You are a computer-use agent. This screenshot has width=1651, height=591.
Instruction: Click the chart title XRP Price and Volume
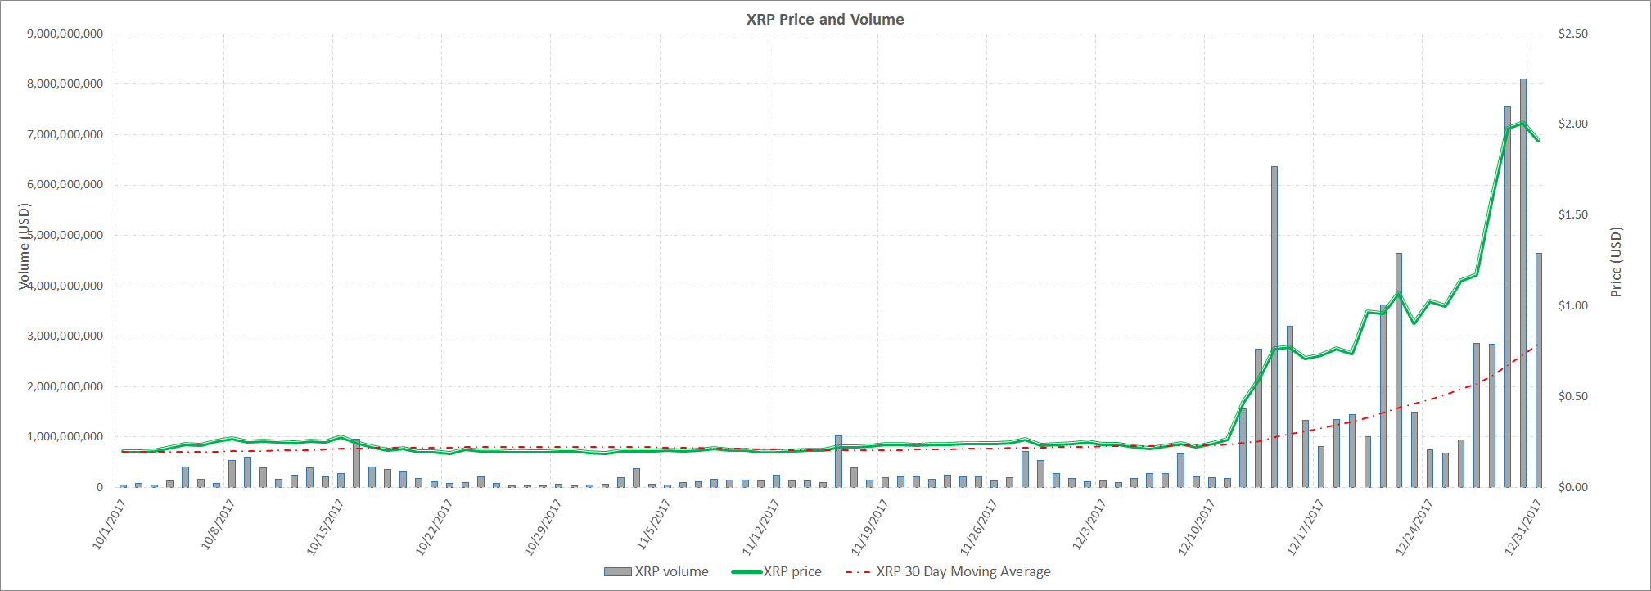824,20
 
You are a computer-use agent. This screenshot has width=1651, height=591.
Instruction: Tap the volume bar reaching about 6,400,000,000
1274,327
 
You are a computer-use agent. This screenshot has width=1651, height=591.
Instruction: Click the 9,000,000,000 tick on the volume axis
65,34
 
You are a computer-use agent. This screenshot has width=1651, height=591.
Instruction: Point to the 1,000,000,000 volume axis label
65,436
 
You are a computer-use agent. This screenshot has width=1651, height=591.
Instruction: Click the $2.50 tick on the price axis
1572,34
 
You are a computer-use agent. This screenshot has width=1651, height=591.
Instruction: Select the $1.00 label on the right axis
1572,305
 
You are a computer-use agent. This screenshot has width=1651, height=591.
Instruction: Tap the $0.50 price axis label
1572,396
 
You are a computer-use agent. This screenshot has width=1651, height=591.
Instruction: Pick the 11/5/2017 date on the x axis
653,524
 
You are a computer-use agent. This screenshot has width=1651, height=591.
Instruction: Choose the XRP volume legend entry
656,571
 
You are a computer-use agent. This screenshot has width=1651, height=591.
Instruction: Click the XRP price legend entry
777,571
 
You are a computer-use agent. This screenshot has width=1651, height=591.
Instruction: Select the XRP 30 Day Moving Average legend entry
949,571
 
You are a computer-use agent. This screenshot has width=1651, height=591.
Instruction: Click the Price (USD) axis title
1616,262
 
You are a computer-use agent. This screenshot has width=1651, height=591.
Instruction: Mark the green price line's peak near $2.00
1522,123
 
